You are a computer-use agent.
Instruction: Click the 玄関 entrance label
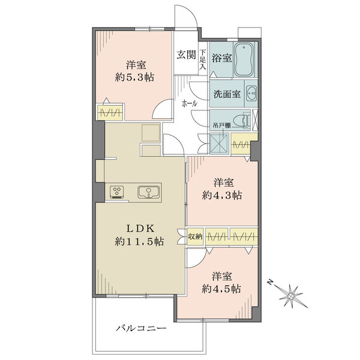pyautogui.click(x=186, y=55)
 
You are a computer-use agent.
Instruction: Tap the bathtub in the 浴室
pyautogui.click(x=244, y=59)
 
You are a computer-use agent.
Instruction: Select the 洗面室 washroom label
pyautogui.click(x=227, y=94)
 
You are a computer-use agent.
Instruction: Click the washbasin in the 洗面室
pyautogui.click(x=251, y=93)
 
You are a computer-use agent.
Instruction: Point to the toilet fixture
pyautogui.click(x=242, y=119)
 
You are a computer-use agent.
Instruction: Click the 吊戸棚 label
pyautogui.click(x=221, y=126)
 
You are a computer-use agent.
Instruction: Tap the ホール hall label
pyautogui.click(x=190, y=104)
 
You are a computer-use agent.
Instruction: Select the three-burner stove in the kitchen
pyautogui.click(x=117, y=192)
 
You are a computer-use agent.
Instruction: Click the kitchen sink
pyautogui.click(x=149, y=192)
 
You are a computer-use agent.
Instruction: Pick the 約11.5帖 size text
pyautogui.click(x=139, y=242)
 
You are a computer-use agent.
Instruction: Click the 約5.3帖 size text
pyautogui.click(x=134, y=77)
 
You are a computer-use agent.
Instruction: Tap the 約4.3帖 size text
pyautogui.click(x=222, y=196)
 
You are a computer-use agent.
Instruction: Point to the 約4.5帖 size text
pyautogui.click(x=221, y=289)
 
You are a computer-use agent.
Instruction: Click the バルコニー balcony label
pyautogui.click(x=141, y=328)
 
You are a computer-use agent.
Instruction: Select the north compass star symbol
pyautogui.click(x=291, y=296)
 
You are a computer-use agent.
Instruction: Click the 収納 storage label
pyautogui.click(x=195, y=236)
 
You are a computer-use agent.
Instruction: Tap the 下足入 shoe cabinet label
pyautogui.click(x=203, y=59)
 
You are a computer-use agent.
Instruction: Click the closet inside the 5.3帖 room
pyautogui.click(x=110, y=113)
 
